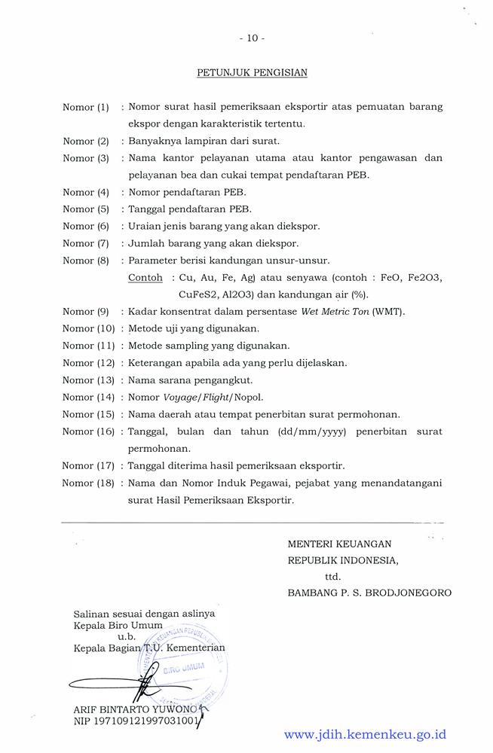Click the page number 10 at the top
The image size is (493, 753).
[252, 38]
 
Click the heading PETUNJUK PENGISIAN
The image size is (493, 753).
[252, 73]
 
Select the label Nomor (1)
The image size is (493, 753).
[86, 108]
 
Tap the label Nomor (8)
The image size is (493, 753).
[86, 261]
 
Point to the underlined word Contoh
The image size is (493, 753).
[145, 277]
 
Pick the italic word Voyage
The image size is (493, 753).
[184, 397]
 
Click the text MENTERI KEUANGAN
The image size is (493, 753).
[339, 544]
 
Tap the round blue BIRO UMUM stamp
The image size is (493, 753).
[184, 666]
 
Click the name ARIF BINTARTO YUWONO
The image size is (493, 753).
[136, 709]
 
